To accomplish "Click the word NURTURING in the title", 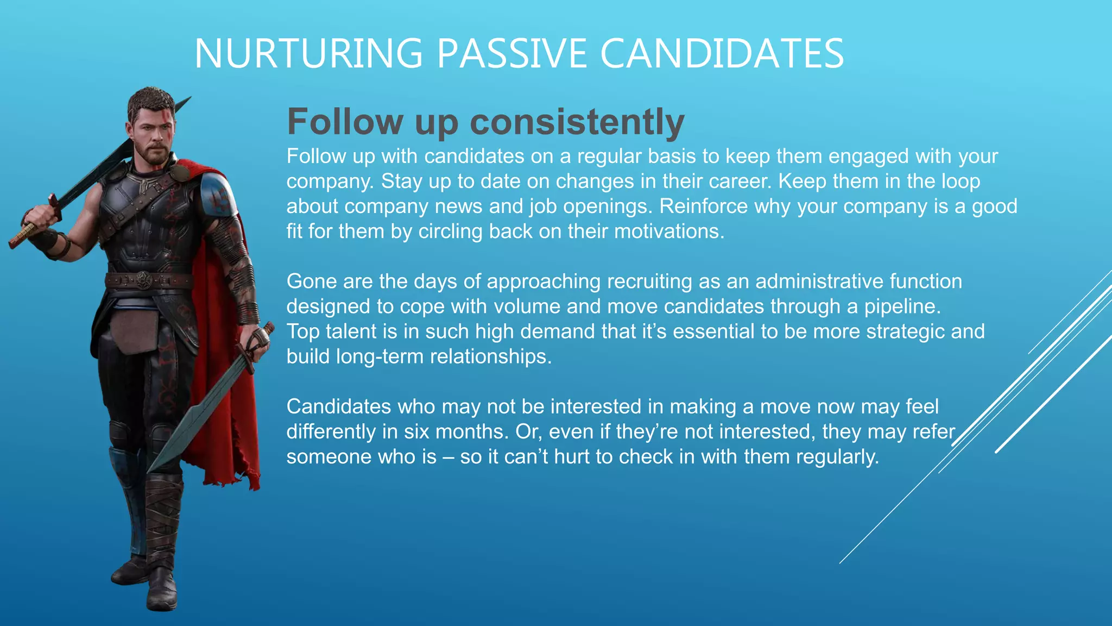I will [x=308, y=54].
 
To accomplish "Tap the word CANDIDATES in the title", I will [x=722, y=54].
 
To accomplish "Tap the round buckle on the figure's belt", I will [x=143, y=280].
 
